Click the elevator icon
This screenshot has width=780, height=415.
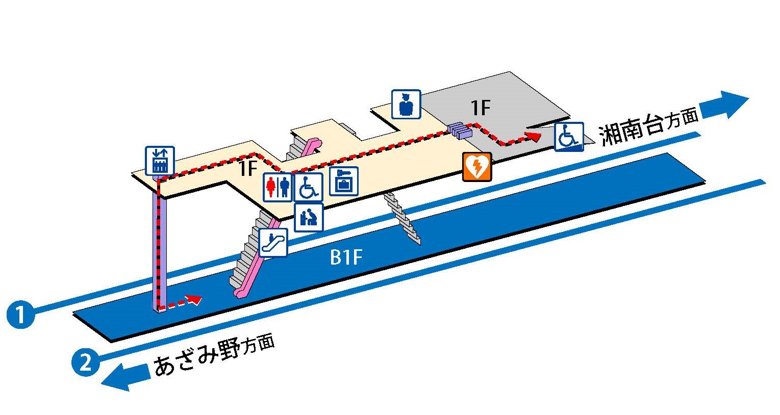tap(160, 161)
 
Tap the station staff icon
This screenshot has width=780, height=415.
tap(406, 105)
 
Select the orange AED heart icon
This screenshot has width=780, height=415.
tap(477, 167)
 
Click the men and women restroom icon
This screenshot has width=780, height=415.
tap(278, 187)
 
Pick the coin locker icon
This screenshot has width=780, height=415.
tap(343, 181)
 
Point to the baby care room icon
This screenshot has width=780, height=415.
tap(309, 217)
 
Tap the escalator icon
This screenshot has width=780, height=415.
tap(273, 242)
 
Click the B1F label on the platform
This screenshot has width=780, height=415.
tap(346, 257)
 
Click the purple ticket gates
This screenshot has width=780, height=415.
tap(460, 131)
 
